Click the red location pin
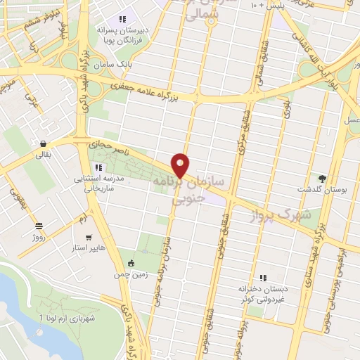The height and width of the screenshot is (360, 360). click(x=181, y=165)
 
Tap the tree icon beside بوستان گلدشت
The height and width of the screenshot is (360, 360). click(x=322, y=178)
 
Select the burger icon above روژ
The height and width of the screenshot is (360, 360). click(x=39, y=226)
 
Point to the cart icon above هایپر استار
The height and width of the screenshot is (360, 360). click(x=89, y=238)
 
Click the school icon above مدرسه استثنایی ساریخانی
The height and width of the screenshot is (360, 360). click(x=98, y=167)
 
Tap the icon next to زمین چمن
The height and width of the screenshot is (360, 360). click(x=131, y=264)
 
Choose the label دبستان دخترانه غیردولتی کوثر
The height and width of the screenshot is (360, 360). click(x=265, y=293)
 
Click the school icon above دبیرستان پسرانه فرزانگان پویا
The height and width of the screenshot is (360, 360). click(x=122, y=20)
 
